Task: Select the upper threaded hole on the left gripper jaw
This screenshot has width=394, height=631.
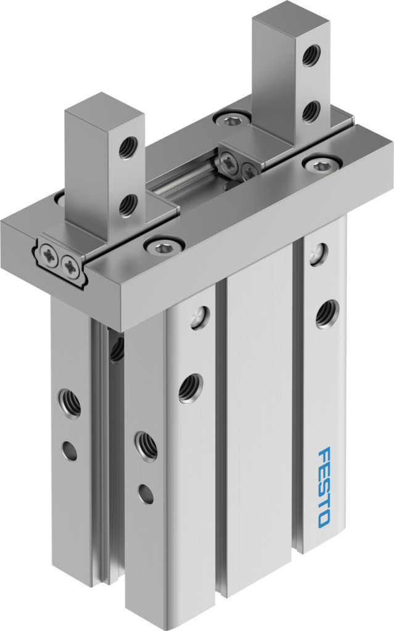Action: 128,148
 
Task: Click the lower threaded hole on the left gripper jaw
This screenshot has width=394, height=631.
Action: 128,205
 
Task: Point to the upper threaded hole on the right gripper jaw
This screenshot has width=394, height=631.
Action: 311,55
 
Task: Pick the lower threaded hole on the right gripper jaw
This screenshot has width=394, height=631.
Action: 311,112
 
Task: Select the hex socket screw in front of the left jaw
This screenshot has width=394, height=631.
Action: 164,245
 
